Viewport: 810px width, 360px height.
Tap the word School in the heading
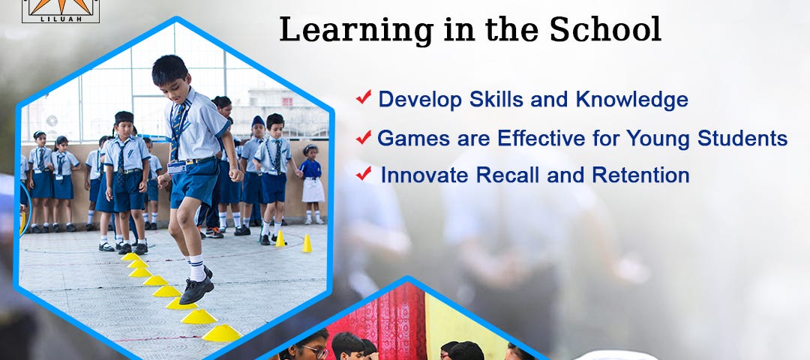[605, 29]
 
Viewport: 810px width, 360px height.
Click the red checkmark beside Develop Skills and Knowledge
[364, 97]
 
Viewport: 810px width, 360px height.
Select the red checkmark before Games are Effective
[364, 136]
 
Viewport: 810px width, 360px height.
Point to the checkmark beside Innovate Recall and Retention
[364, 173]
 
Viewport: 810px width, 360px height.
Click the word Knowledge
[631, 100]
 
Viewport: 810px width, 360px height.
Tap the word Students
[742, 138]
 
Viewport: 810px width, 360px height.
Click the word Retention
[640, 175]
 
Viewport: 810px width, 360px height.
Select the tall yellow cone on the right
[307, 243]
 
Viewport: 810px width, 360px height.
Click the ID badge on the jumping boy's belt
[177, 167]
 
